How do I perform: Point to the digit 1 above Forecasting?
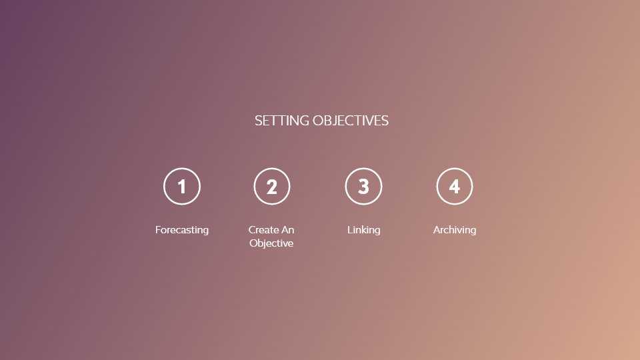pyautogui.click(x=182, y=187)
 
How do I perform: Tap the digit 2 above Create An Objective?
pyautogui.click(x=272, y=187)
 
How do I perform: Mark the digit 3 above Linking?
pyautogui.click(x=363, y=187)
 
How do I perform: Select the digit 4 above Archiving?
pyautogui.click(x=455, y=187)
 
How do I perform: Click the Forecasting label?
pyautogui.click(x=182, y=230)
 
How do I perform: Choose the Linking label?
pyautogui.click(x=363, y=230)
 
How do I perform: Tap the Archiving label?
pyautogui.click(x=455, y=230)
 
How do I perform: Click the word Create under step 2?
pyautogui.click(x=263, y=230)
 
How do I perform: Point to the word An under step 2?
pyautogui.click(x=287, y=230)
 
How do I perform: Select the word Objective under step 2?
pyautogui.click(x=271, y=243)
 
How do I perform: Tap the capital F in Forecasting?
pyautogui.click(x=158, y=230)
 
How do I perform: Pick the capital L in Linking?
pyautogui.click(x=350, y=230)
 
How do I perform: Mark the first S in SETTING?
pyautogui.click(x=258, y=121)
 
